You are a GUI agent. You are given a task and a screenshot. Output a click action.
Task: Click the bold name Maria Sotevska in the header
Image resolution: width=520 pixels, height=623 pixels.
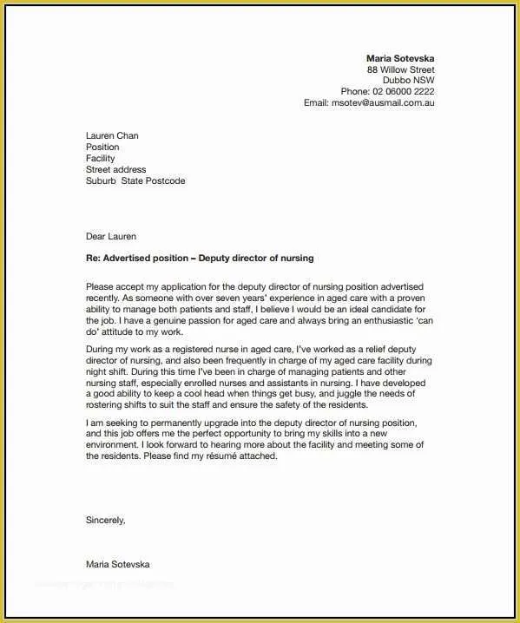400,58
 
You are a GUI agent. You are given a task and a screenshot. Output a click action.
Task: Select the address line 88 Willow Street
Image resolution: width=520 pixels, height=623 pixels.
400,69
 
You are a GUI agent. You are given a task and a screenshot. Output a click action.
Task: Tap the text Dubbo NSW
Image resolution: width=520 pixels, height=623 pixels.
409,81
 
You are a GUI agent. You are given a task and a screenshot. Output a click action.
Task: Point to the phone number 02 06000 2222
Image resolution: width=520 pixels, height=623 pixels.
404,91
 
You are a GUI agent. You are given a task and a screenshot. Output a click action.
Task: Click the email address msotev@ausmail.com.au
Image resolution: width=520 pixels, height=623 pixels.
381,102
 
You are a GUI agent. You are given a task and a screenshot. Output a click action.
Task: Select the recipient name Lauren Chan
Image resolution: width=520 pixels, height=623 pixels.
112,135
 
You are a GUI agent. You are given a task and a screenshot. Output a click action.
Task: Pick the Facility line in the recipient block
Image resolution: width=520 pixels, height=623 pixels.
100,159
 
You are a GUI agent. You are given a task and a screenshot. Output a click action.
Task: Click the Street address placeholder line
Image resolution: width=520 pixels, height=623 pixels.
115,170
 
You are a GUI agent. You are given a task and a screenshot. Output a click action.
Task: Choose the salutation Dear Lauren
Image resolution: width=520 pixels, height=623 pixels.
110,236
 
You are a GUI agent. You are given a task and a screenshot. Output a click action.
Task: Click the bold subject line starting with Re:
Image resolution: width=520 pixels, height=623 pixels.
200,259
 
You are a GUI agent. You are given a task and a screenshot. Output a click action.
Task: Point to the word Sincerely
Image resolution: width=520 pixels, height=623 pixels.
105,521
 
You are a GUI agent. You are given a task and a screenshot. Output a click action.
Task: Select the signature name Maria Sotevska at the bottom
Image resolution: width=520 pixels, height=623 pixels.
117,564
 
